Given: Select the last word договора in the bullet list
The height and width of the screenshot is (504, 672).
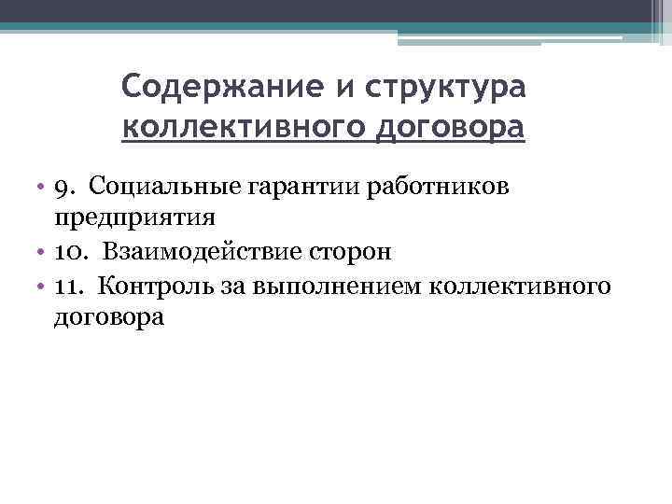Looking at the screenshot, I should (x=109, y=316).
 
